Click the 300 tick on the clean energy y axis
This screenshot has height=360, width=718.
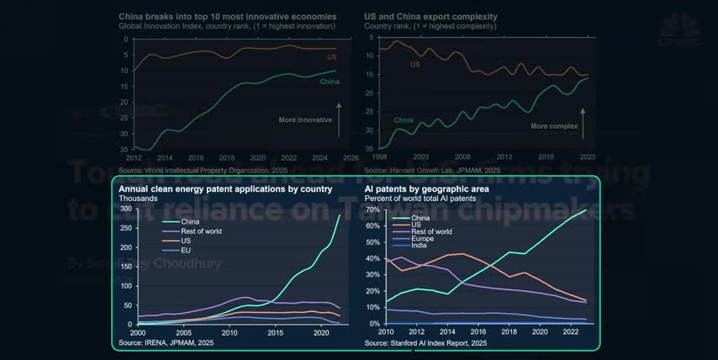pyautogui.click(x=126, y=209)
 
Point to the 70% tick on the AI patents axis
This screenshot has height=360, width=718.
pyautogui.click(x=374, y=209)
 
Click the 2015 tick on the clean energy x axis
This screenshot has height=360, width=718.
pyautogui.click(x=275, y=333)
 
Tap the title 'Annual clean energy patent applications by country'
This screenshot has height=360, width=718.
pyautogui.click(x=225, y=189)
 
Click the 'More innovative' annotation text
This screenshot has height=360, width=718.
pyautogui.click(x=305, y=119)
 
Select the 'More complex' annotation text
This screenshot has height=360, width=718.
pyautogui.click(x=554, y=126)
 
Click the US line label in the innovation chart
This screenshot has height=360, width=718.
pyautogui.click(x=332, y=56)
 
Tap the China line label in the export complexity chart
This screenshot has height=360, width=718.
pyautogui.click(x=404, y=120)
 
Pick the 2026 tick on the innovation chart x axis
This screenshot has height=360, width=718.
pyautogui.click(x=350, y=157)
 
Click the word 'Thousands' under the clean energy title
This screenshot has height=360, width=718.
pyautogui.click(x=139, y=199)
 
